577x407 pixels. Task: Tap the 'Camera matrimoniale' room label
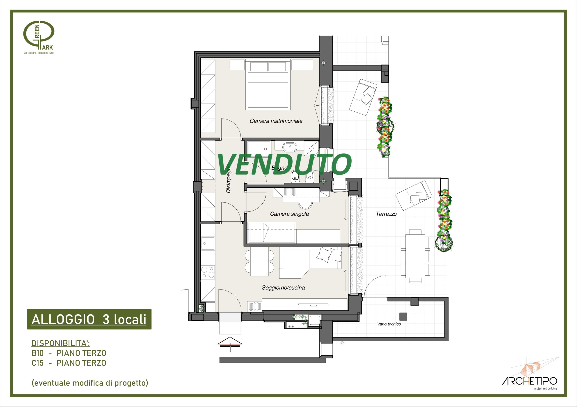click(x=276, y=121)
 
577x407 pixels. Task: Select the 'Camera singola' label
click(x=289, y=214)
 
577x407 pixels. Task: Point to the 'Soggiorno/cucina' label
click(x=283, y=288)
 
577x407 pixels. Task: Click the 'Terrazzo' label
click(x=386, y=214)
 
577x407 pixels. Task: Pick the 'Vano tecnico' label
click(x=389, y=324)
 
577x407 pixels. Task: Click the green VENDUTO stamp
click(x=284, y=164)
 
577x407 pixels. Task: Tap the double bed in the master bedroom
click(x=268, y=84)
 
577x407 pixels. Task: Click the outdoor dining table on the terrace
click(x=415, y=256)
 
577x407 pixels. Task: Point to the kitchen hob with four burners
click(x=208, y=272)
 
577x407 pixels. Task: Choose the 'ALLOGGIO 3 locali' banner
click(x=89, y=319)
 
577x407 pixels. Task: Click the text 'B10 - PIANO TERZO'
click(x=69, y=353)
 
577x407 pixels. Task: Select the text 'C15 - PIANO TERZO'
click(x=69, y=363)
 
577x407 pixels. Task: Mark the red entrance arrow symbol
click(x=230, y=345)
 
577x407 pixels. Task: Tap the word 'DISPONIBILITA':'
click(x=61, y=343)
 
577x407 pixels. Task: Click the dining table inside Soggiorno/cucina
click(x=260, y=261)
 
